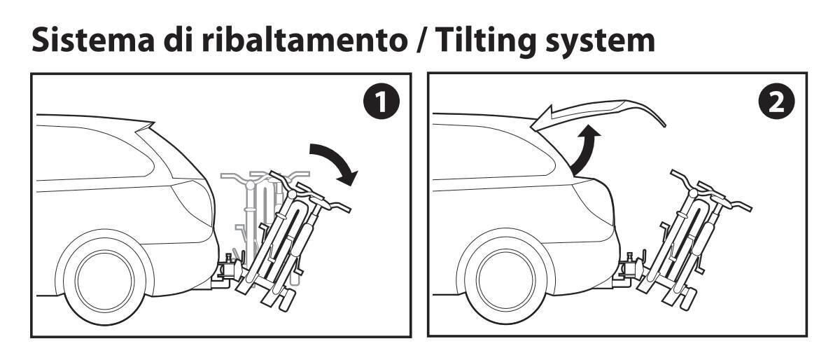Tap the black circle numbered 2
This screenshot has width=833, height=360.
pyautogui.click(x=776, y=104)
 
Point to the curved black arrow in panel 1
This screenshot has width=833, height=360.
pyautogui.click(x=332, y=162)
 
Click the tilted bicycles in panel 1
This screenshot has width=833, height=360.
pyautogui.click(x=287, y=238)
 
